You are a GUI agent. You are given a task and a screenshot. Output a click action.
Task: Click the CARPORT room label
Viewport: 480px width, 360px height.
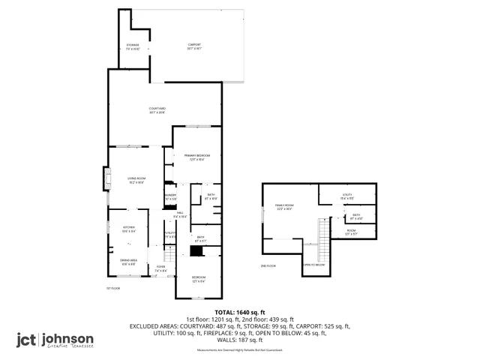pos(195,46)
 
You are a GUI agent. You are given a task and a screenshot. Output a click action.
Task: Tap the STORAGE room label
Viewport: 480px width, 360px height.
pos(133,46)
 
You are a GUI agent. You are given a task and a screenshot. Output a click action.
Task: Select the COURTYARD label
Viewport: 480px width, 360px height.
pos(157,110)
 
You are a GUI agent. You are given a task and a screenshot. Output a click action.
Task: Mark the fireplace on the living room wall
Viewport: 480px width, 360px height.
pos(103,180)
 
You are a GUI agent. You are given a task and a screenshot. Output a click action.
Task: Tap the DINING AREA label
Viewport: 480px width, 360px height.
pos(128,262)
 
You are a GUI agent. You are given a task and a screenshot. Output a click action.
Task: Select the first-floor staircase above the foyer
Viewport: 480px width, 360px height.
pos(169,254)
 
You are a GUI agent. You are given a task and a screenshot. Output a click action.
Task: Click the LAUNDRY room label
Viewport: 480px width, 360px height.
pos(170,197)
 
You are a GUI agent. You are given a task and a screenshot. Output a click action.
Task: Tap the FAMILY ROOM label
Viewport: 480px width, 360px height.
pos(283,206)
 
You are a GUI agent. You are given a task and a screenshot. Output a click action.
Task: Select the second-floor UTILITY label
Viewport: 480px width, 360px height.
pos(347,196)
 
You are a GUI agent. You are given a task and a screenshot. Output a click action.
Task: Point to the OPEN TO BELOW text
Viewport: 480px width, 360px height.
pos(314,265)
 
